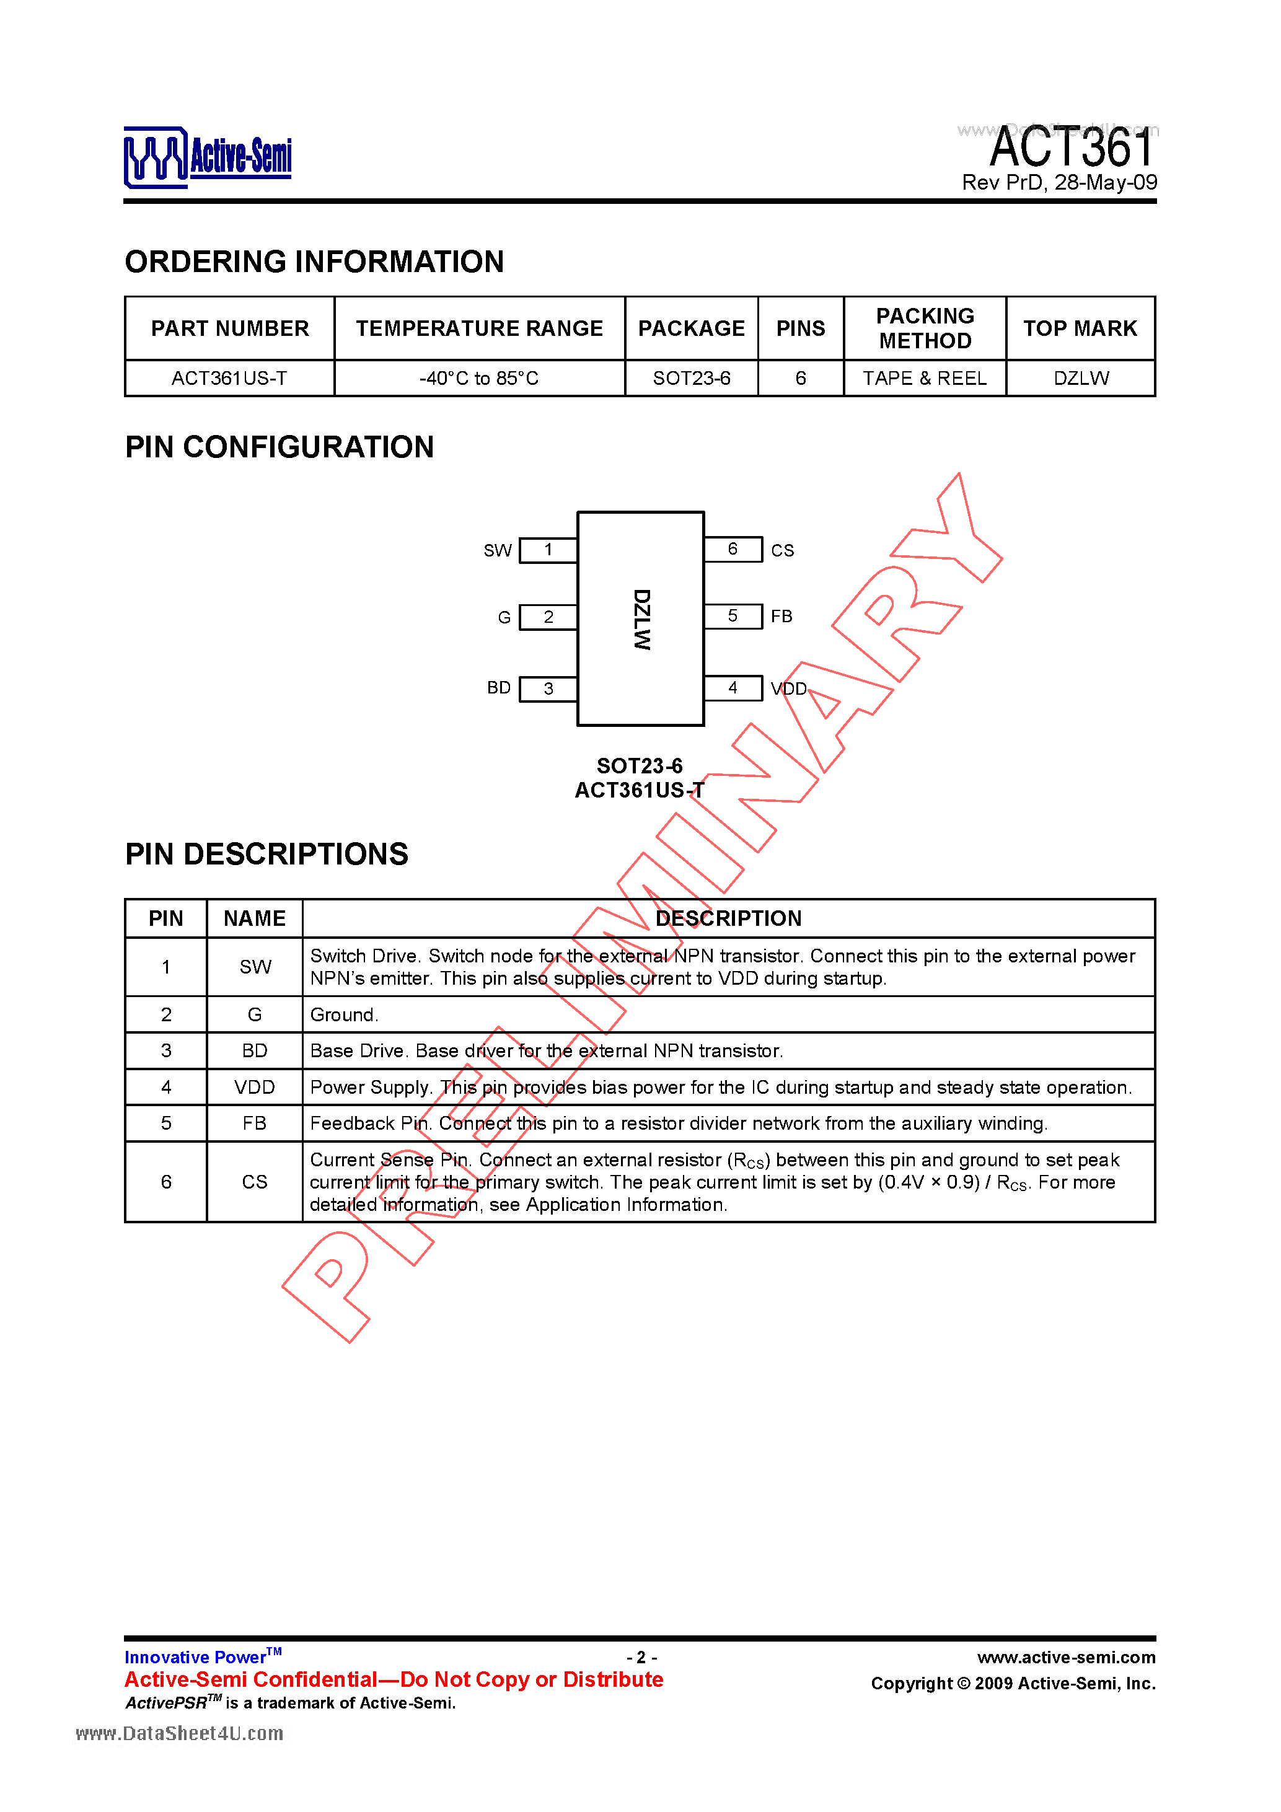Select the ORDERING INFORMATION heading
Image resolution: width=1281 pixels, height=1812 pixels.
(314, 262)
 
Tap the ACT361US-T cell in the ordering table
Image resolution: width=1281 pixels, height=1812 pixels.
(230, 378)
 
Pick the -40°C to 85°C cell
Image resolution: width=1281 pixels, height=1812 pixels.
(479, 378)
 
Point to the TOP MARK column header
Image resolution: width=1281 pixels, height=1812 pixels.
(1081, 328)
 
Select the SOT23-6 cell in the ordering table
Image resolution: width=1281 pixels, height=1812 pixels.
(692, 378)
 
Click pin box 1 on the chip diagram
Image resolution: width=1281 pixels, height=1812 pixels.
(548, 550)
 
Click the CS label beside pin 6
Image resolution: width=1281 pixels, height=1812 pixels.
(782, 550)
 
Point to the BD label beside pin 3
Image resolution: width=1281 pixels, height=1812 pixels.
(499, 687)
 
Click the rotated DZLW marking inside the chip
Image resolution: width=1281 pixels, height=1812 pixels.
(641, 620)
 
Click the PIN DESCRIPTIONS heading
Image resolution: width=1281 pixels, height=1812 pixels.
(266, 854)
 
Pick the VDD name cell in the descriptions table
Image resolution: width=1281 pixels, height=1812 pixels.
(254, 1087)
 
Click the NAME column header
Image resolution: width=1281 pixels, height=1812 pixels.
(254, 918)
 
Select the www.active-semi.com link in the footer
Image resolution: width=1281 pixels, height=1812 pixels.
(1067, 1657)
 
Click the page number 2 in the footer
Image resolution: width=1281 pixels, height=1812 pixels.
(641, 1657)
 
